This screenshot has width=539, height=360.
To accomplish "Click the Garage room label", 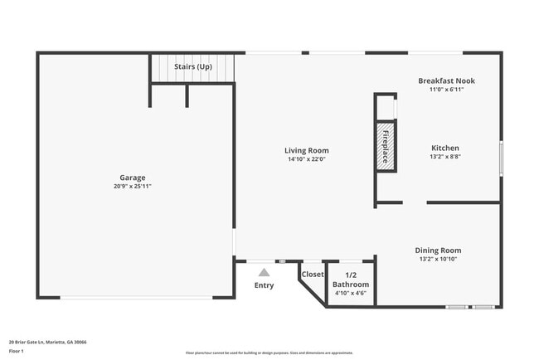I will (133, 177).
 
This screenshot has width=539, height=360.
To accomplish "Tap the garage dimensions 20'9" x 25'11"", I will (133, 187).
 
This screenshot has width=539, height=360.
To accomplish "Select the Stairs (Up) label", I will (192, 66).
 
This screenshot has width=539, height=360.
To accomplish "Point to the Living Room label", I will (308, 150).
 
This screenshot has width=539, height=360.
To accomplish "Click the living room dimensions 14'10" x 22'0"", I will (308, 159).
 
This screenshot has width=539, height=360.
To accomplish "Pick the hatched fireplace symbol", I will (386, 147).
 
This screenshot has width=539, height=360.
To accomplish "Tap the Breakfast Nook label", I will (446, 80).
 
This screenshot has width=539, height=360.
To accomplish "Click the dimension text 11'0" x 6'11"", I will (446, 90).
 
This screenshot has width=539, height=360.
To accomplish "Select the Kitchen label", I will (444, 148).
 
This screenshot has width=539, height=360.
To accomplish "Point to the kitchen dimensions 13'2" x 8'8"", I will (444, 157).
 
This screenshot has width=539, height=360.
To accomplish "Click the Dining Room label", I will (438, 250).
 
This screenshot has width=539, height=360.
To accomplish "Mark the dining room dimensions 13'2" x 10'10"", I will (438, 259).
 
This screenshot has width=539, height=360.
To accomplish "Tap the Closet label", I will (313, 274).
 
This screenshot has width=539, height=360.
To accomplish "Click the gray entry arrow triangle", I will (264, 271).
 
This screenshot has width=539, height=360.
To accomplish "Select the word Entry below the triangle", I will (264, 285).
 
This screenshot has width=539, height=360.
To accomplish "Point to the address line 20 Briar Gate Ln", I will (47, 341).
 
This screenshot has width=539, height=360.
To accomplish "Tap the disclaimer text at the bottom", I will (269, 353).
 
